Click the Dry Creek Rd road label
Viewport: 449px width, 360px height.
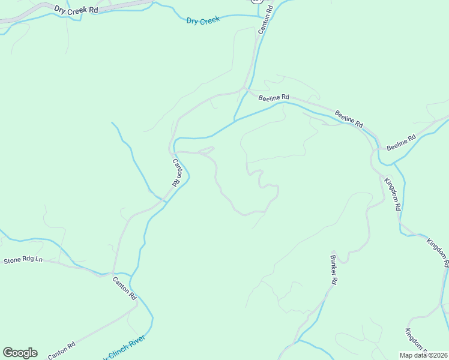76,10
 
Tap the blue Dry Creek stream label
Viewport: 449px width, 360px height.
203,20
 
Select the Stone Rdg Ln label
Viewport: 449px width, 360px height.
23,260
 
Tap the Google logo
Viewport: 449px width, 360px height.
20,353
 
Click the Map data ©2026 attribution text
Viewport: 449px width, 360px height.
423,354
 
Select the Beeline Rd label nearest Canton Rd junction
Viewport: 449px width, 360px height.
274,97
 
